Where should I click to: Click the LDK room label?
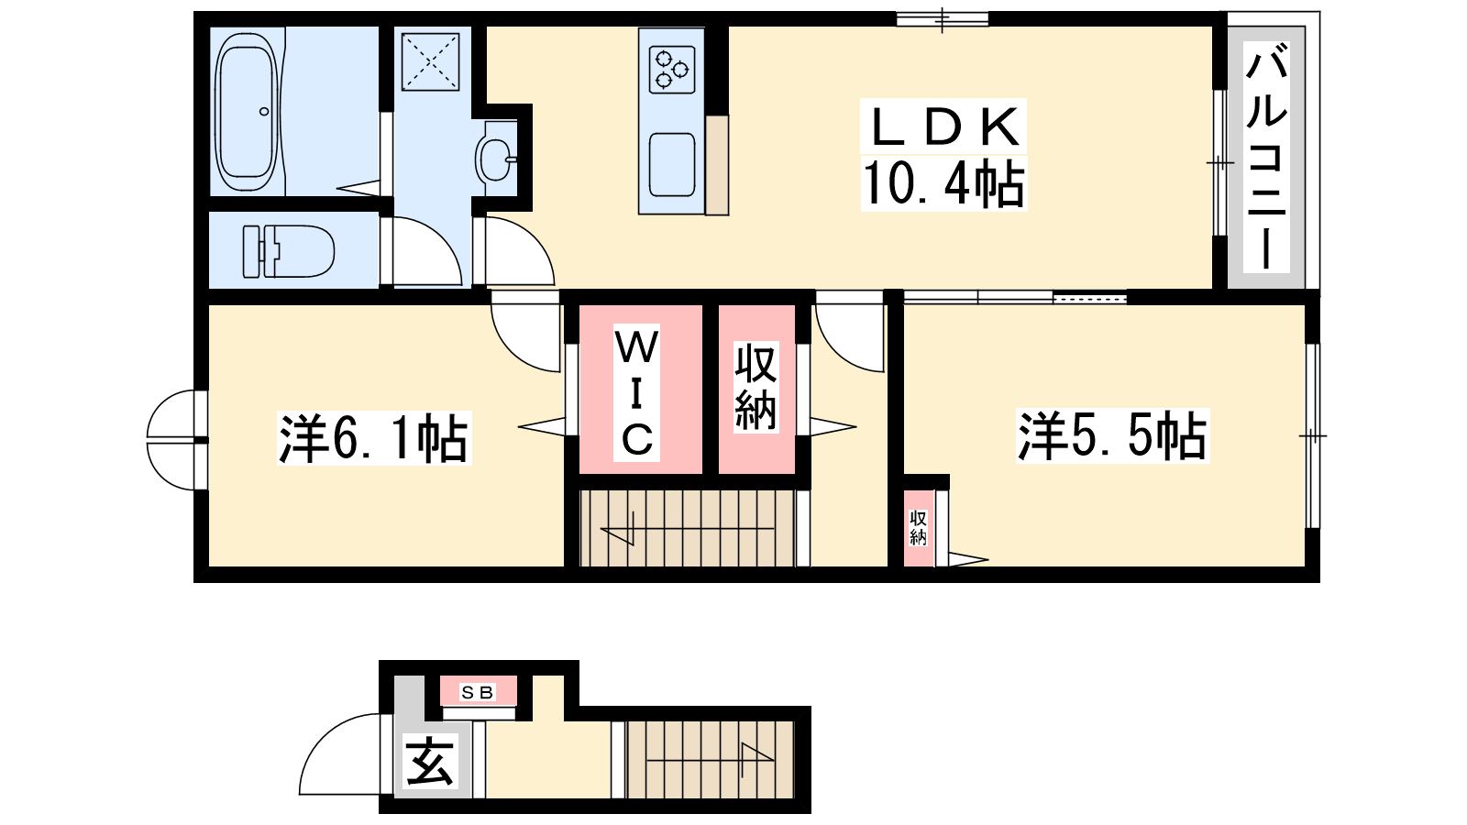(943, 126)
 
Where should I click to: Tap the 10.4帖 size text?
(943, 184)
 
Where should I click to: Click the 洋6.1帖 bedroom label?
(374, 437)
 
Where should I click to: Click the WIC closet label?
(636, 393)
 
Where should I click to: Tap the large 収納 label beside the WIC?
(756, 387)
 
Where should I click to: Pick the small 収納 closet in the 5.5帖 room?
(918, 528)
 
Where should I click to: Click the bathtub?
(247, 111)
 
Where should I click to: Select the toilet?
(288, 251)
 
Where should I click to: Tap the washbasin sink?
(495, 159)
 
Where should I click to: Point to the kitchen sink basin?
(672, 164)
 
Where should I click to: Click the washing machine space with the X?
(430, 61)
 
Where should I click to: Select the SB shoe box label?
(477, 692)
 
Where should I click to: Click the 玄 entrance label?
(430, 762)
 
